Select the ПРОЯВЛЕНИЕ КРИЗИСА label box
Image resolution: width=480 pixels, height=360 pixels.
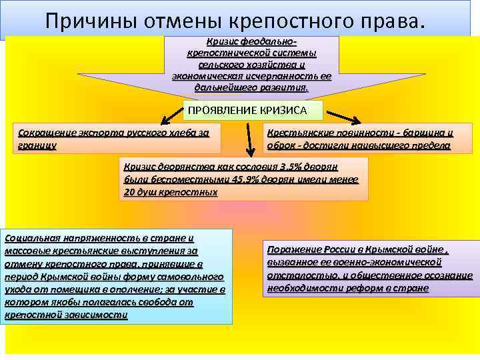pyautogui.click(x=253, y=110)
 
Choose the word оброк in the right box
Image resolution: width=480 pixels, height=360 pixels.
pyautogui.click(x=282, y=145)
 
